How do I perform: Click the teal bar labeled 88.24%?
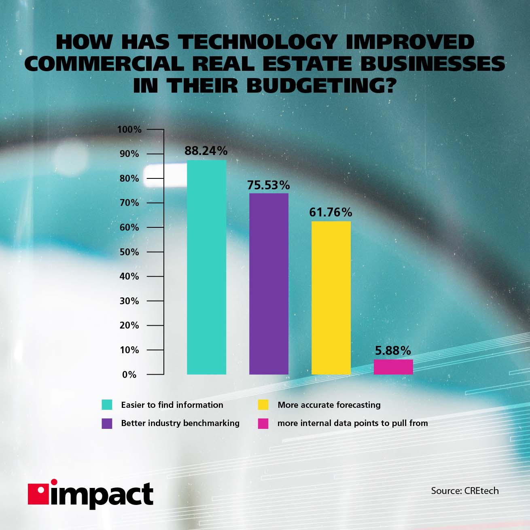click(206, 267)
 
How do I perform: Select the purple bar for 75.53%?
click(269, 284)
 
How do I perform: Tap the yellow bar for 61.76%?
click(331, 297)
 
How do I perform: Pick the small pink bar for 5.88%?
click(393, 367)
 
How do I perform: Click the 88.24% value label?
click(206, 151)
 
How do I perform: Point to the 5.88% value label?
click(393, 350)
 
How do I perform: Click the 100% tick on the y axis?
click(129, 129)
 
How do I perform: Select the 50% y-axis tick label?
click(129, 252)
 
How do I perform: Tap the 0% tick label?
click(129, 375)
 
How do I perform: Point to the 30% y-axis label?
click(129, 301)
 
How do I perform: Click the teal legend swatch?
click(107, 405)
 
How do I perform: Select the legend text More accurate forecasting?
click(329, 405)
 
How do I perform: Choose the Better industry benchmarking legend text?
click(180, 423)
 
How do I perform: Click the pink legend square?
click(263, 424)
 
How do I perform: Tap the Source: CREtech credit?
click(464, 491)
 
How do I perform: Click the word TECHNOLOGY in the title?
click(258, 42)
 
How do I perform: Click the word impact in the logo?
click(101, 494)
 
